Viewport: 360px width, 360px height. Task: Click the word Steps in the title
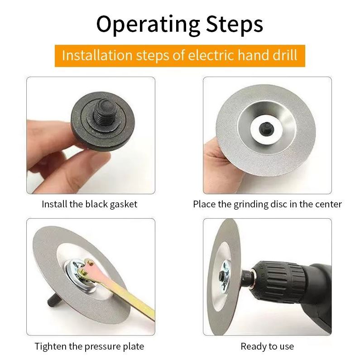235,24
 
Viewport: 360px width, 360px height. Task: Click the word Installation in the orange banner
97,55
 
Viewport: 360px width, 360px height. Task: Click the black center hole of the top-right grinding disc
266,129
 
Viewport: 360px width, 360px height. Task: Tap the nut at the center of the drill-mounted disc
222,275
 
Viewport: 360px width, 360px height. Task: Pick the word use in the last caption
287,347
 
